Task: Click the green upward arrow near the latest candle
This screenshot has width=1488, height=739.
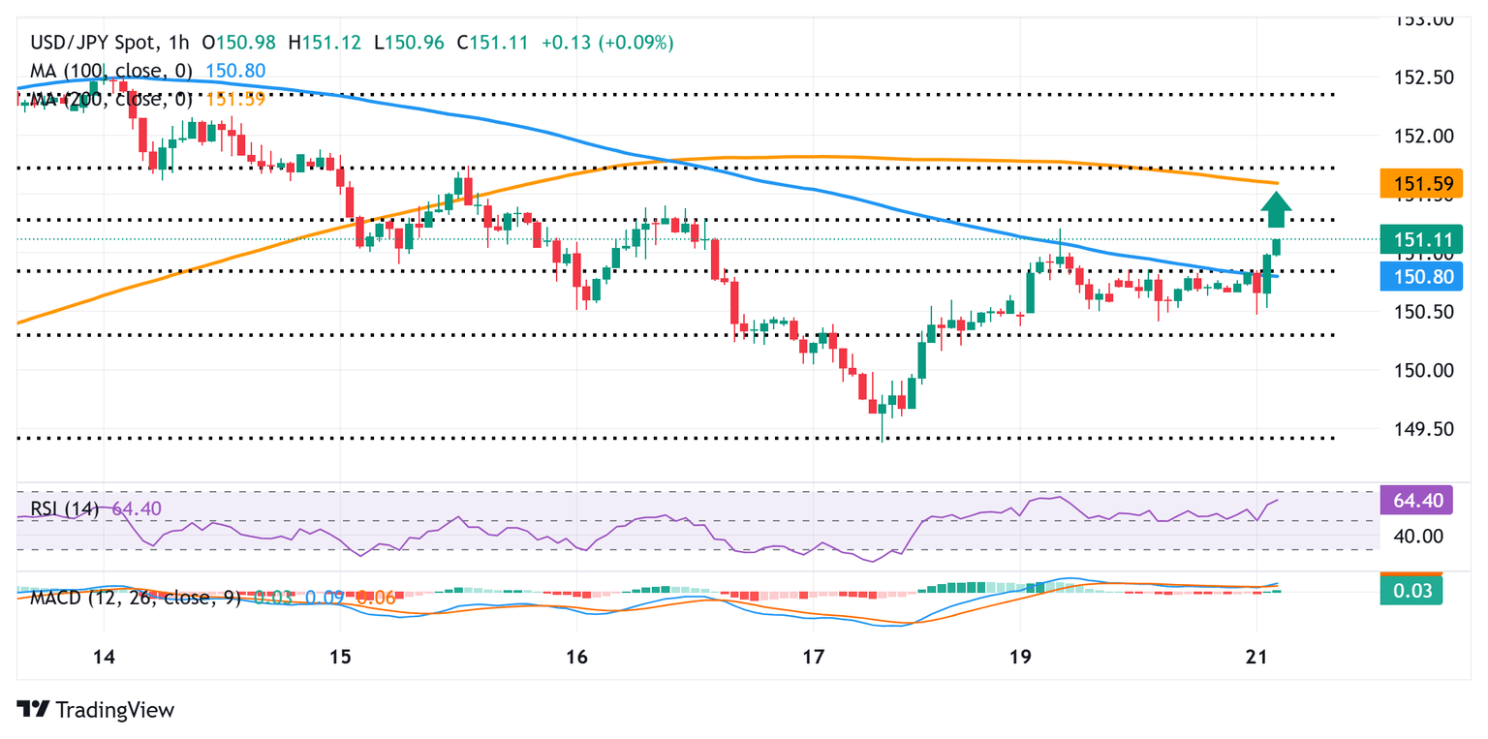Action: click(1277, 209)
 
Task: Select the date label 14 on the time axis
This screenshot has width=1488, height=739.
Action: click(104, 656)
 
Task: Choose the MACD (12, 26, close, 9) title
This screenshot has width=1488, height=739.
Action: click(136, 598)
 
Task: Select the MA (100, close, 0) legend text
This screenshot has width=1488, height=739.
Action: click(111, 71)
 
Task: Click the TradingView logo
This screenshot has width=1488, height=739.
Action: click(96, 710)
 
